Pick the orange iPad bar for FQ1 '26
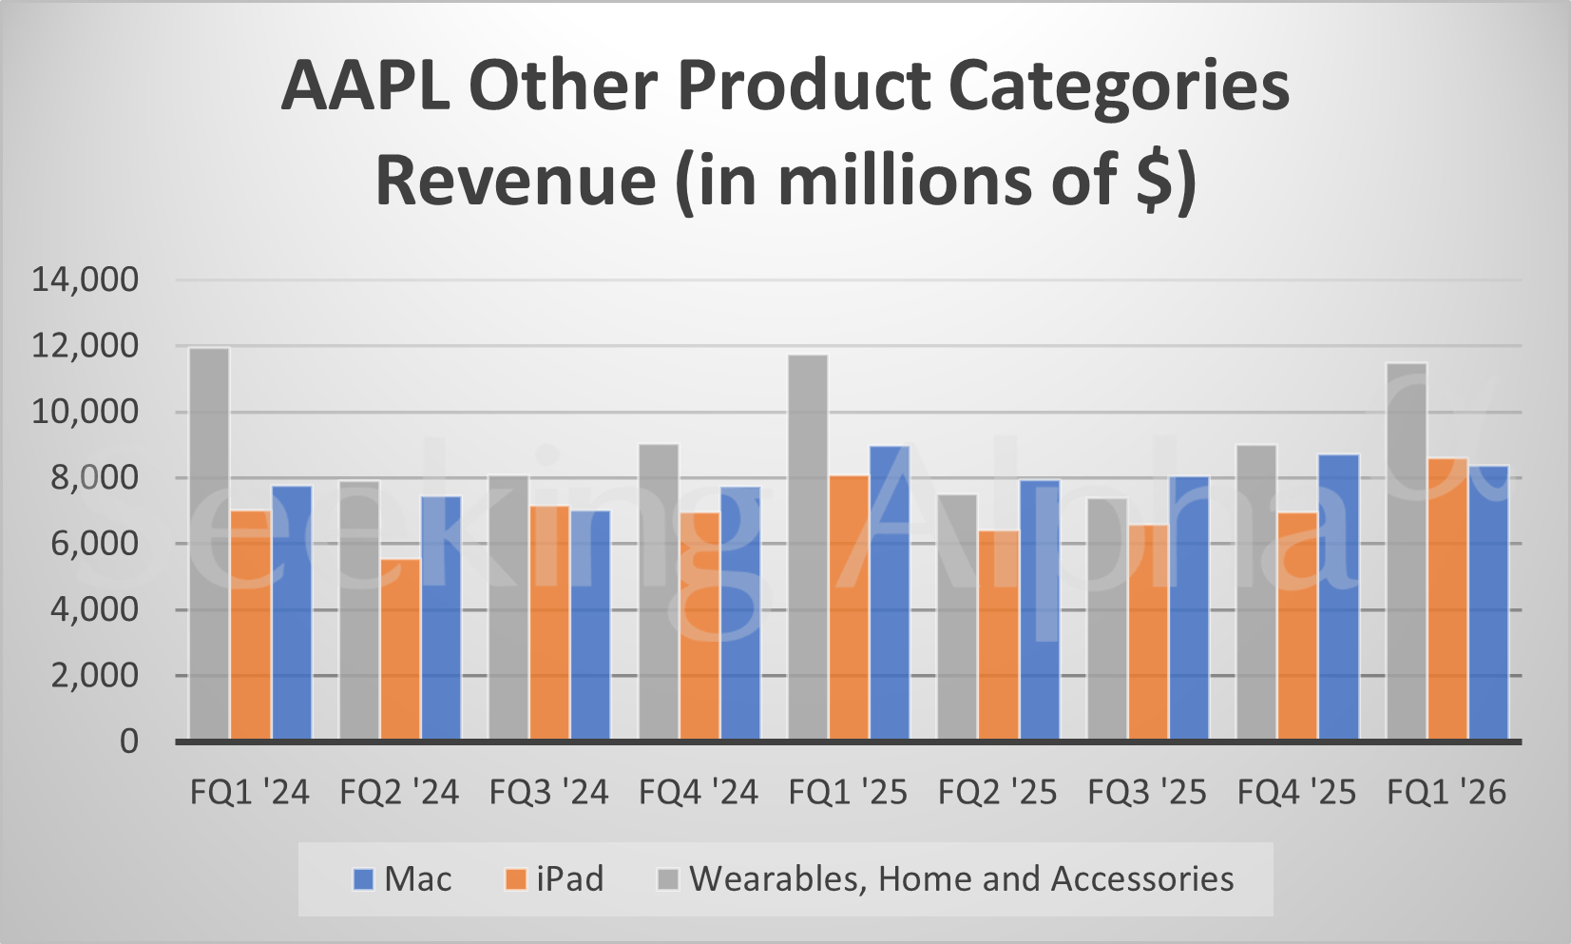1447,599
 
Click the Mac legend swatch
363,879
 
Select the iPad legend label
569,879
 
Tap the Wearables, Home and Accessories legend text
961,879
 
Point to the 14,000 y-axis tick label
86,279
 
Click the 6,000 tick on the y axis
86,544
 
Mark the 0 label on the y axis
128,742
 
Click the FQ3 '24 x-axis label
548,792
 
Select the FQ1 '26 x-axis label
1446,792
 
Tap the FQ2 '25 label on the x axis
997,792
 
